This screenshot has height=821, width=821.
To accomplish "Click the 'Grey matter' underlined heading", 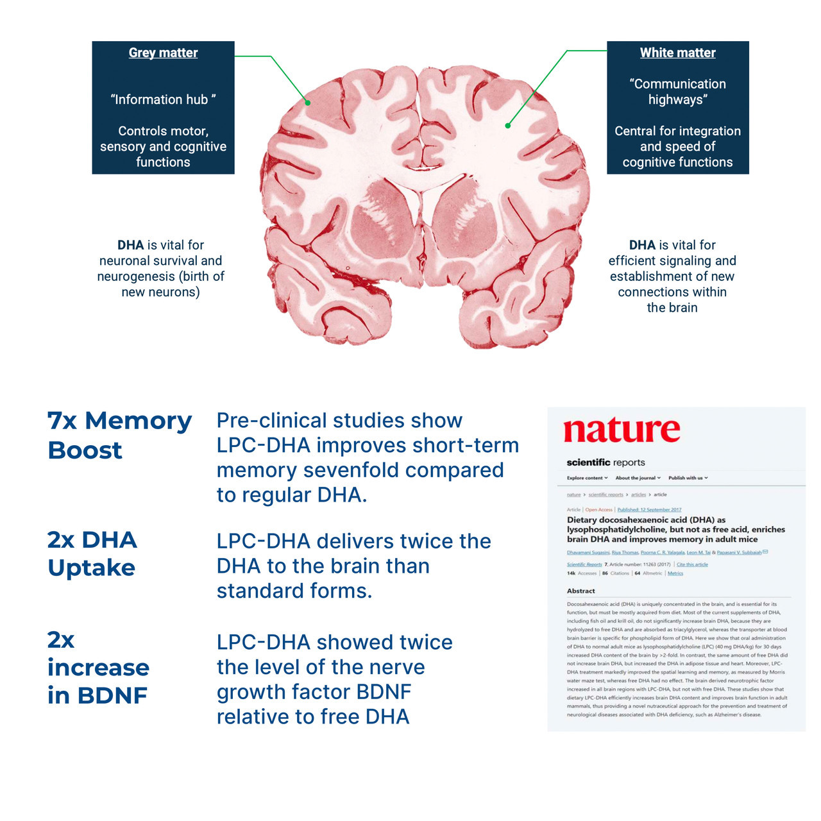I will (x=163, y=53).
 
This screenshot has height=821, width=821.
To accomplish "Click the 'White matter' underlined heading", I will (x=677, y=53).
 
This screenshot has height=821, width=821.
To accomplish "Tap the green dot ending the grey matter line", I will (x=308, y=103).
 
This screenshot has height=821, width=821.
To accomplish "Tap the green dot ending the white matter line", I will (x=507, y=126).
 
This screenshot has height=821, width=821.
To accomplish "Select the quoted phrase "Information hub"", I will (x=163, y=99).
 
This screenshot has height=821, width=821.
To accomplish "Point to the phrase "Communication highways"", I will (x=677, y=92).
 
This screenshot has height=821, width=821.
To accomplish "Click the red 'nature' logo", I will (x=622, y=430).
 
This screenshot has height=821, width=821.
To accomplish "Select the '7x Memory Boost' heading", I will (x=119, y=435).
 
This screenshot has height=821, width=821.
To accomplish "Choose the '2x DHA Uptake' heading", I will (x=92, y=554).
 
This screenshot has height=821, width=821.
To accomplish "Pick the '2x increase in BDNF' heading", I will (x=98, y=667).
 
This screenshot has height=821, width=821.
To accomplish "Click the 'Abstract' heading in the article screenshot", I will (x=580, y=591).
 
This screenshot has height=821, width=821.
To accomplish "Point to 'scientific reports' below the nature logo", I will (x=605, y=462).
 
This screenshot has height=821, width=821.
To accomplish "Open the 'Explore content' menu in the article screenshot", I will (x=587, y=478).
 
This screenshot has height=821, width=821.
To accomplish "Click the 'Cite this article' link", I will (x=692, y=564).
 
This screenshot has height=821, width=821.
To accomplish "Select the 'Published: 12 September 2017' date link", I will (x=649, y=510).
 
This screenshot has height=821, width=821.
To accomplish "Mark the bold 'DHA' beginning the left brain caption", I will (x=130, y=245).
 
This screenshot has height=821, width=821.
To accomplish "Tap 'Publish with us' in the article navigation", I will (x=688, y=478).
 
